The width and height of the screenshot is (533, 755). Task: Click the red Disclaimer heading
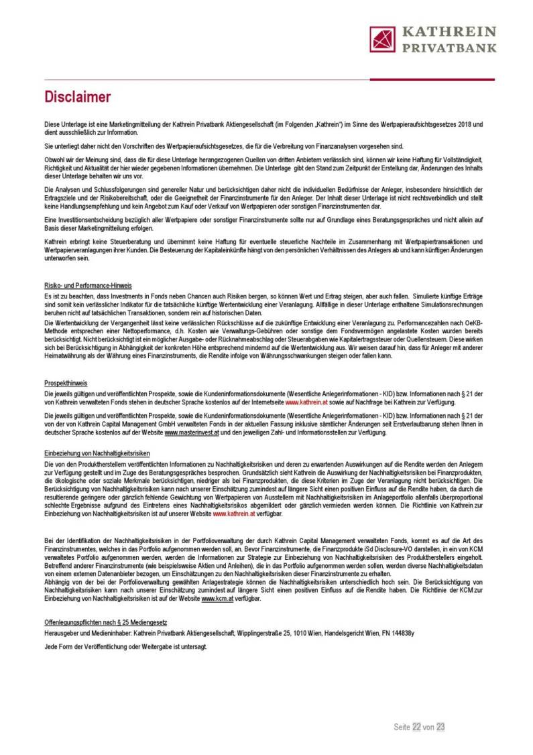[x=77, y=97]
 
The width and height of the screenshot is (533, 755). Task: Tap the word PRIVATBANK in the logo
[x=449, y=48]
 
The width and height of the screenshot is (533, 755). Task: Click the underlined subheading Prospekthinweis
[x=66, y=383]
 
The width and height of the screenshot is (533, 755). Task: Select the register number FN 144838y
[x=395, y=634]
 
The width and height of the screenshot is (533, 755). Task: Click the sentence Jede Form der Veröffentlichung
[x=125, y=646]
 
